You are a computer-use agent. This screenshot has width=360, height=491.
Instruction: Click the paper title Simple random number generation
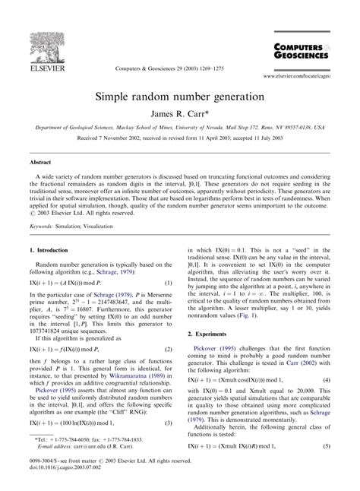tap(179, 98)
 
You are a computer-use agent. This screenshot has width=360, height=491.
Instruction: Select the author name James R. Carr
tap(178, 114)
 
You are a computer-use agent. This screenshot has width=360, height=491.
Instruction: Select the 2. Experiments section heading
tap(212, 333)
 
